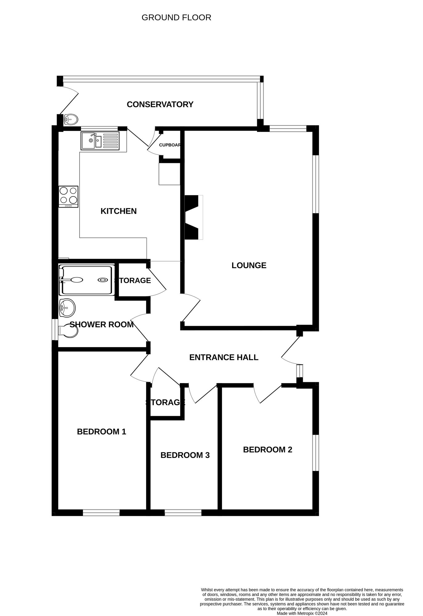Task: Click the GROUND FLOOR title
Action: click(176, 18)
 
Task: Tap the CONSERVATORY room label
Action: click(160, 104)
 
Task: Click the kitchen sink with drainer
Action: click(100, 141)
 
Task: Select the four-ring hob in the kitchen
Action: click(68, 197)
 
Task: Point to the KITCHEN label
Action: click(119, 211)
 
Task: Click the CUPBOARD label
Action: click(170, 145)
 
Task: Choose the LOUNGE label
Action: click(249, 265)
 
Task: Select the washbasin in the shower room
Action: click(67, 307)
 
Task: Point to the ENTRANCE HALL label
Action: click(224, 357)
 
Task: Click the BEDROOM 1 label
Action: click(102, 432)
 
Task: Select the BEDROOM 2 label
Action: click(268, 450)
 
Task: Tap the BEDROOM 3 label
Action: click(185, 455)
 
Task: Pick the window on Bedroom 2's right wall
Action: click(316, 453)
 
